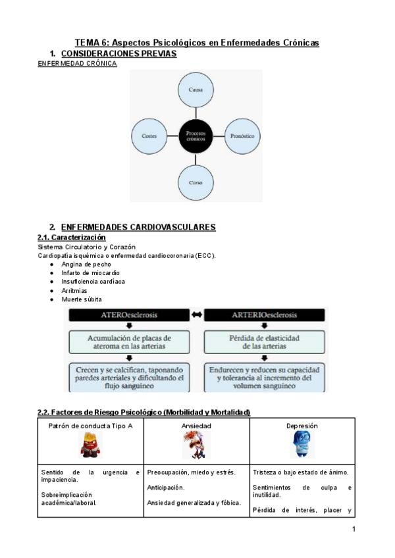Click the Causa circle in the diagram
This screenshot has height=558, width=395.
[196, 89]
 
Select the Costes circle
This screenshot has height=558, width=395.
[149, 136]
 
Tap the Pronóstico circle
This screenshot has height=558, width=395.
[242, 136]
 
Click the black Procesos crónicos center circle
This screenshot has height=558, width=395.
[196, 136]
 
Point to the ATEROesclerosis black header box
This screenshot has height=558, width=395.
[128, 315]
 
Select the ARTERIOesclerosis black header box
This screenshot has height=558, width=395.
[264, 315]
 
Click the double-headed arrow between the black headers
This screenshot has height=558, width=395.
[196, 315]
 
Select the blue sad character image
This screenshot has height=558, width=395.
[302, 445]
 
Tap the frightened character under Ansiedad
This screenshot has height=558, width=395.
[196, 446]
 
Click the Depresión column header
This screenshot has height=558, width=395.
[302, 426]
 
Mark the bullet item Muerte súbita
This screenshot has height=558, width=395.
[82, 299]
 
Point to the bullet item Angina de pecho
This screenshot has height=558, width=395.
[86, 264]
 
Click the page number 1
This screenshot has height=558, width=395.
[354, 529]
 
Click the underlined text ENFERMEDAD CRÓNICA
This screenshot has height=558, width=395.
[78, 64]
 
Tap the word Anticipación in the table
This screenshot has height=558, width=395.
[165, 488]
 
